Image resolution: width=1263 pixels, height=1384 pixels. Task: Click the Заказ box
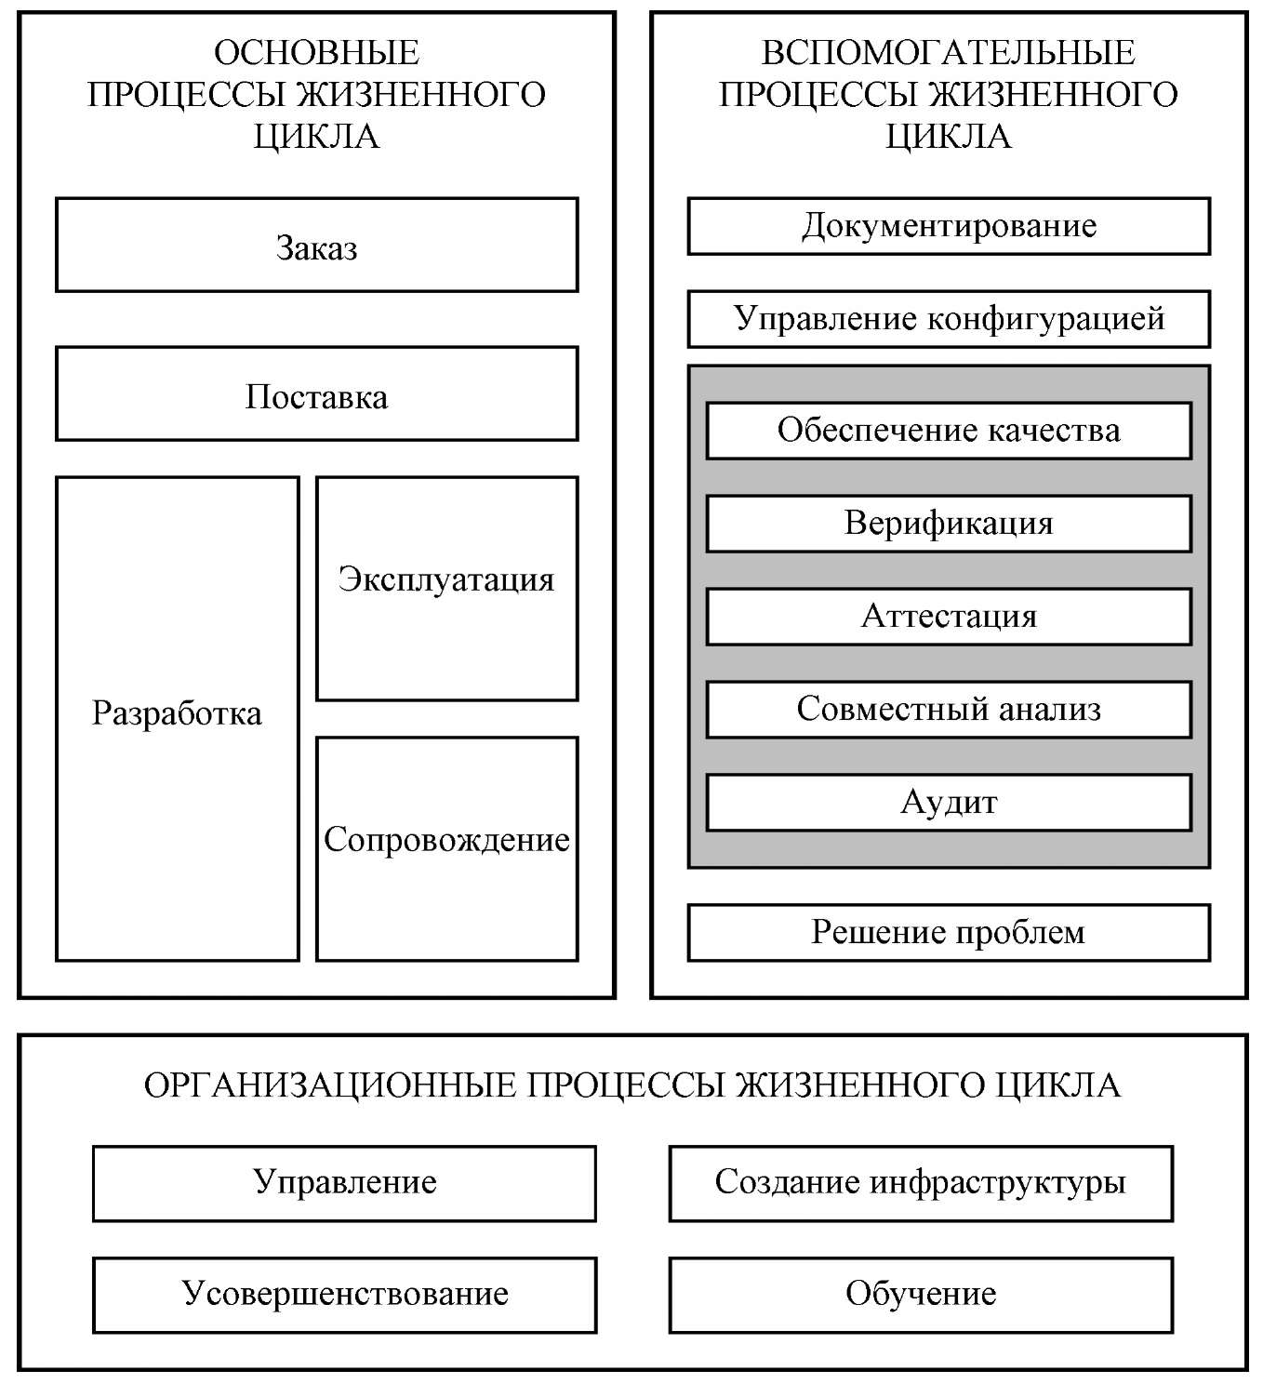pos(316,246)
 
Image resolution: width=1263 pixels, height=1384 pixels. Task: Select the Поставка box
pos(316,394)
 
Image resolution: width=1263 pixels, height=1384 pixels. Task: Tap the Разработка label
pos(177,714)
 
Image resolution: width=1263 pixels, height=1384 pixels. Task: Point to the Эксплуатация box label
pos(446,579)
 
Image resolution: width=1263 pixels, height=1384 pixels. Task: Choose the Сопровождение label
pos(446,840)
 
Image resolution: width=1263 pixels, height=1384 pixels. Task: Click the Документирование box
pos(949,226)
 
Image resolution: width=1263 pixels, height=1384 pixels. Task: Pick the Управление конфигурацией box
pos(949,319)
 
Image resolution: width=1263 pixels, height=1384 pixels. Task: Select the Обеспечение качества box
pos(949,431)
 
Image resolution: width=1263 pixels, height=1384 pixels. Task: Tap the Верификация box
pos(949,524)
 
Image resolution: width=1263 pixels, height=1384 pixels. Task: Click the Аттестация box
pos(949,617)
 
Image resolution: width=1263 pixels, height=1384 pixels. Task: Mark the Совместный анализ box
pos(949,710)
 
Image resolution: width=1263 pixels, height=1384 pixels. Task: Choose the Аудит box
pos(949,803)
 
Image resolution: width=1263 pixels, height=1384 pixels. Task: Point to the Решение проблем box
pos(949,933)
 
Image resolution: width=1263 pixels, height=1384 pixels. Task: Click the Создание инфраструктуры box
pos(921,1183)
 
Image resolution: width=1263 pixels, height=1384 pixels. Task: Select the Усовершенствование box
pos(344,1295)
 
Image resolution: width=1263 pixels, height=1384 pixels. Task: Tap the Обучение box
pos(921,1295)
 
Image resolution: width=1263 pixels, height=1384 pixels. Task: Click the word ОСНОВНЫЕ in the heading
pos(316,53)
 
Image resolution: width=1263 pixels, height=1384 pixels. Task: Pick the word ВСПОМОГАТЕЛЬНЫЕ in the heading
pos(949,53)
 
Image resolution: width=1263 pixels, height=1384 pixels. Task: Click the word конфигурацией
pos(1046,319)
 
